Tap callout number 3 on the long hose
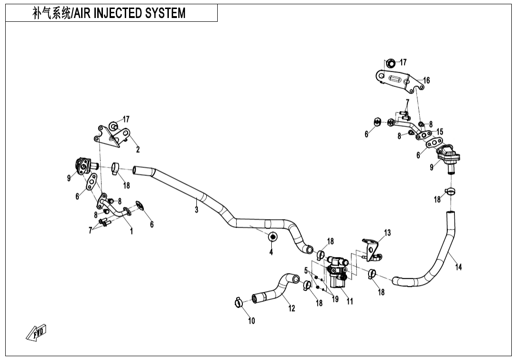[196, 210]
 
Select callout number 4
[271, 252]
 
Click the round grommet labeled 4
[273, 237]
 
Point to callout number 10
[251, 321]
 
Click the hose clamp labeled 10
[239, 302]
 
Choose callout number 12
[292, 308]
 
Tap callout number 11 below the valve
[350, 301]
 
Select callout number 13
[388, 232]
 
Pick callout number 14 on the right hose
[458, 267]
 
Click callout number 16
[426, 80]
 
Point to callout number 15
[440, 131]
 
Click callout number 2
[138, 150]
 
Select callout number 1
[131, 231]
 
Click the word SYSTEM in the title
[161, 13]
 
